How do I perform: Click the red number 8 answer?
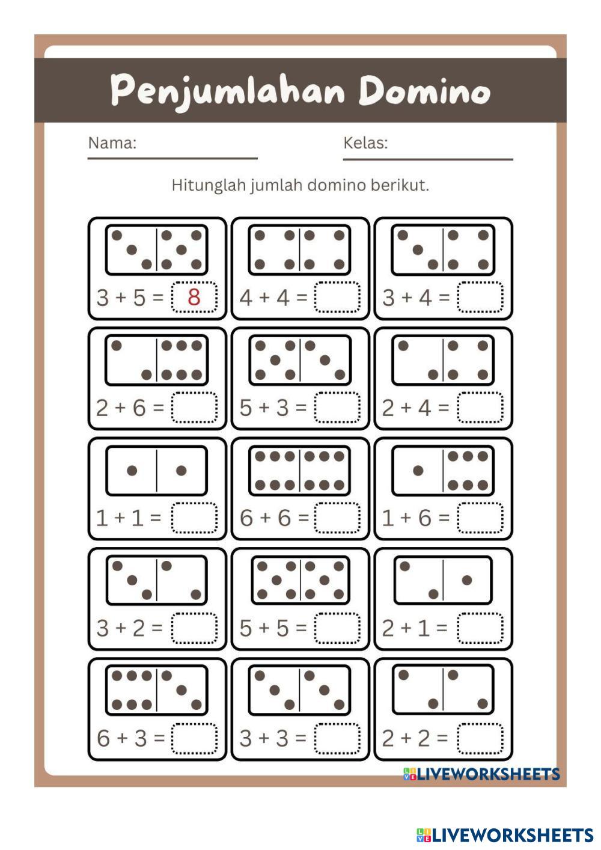tap(194, 297)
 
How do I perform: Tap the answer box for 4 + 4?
tap(337, 297)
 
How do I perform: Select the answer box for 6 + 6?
tap(337, 518)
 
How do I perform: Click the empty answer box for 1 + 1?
tap(194, 518)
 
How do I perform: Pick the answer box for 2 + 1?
tap(480, 628)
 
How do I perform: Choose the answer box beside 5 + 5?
tap(337, 628)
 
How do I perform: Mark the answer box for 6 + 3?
tap(194, 738)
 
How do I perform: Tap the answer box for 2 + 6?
tap(194, 408)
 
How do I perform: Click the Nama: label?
tap(112, 143)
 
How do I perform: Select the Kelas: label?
tap(365, 143)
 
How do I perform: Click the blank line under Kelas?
tap(428, 159)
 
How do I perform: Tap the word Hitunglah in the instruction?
tap(209, 185)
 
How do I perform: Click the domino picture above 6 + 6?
tap(299, 471)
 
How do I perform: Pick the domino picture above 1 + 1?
tap(156, 471)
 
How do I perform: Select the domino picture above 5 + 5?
tap(299, 581)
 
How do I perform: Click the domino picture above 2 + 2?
tap(443, 690)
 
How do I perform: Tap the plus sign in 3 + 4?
tap(407, 297)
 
